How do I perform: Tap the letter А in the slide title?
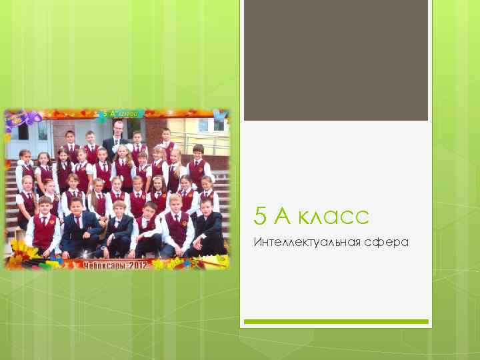(283, 216)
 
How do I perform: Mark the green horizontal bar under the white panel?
(335, 321)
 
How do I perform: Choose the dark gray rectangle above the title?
(335, 60)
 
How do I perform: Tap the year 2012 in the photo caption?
(137, 264)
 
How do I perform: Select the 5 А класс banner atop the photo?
(120, 114)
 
